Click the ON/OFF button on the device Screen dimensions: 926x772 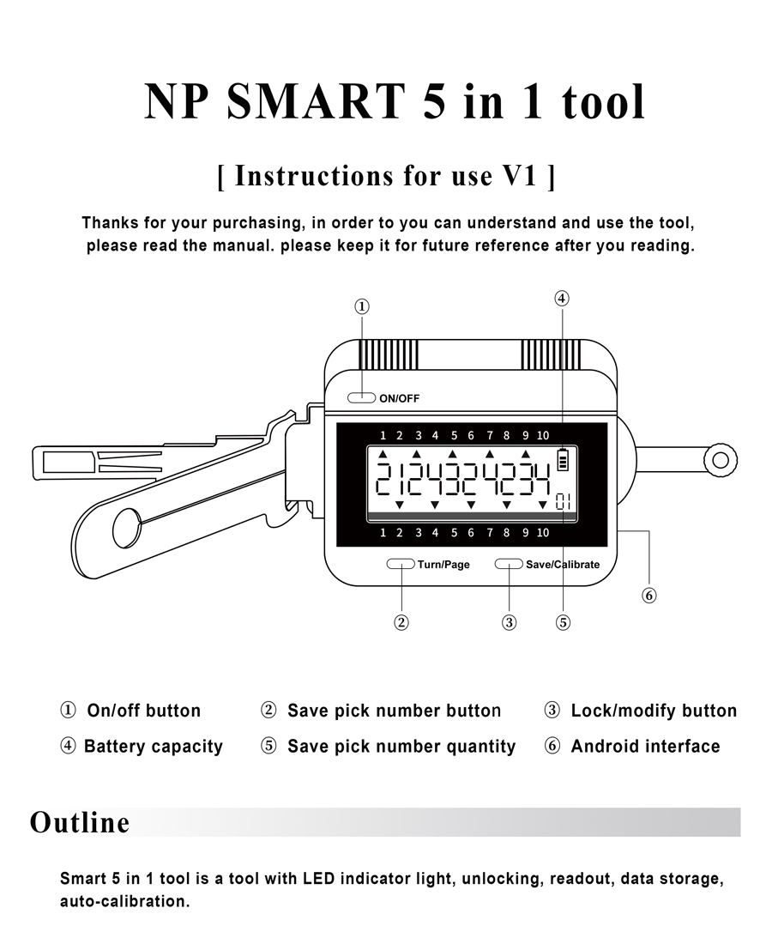(x=362, y=397)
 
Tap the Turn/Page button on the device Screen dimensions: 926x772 (x=401, y=564)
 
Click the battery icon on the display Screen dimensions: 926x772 (x=563, y=459)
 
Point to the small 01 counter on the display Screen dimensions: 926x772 (x=563, y=501)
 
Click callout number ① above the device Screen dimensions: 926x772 (x=362, y=306)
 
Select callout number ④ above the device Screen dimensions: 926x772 (x=561, y=299)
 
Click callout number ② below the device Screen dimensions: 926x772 (x=401, y=623)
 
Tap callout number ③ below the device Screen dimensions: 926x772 (x=510, y=623)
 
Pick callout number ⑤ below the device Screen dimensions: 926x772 (x=563, y=623)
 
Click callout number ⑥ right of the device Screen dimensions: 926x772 (x=649, y=595)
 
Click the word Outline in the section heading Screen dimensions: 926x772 (x=80, y=822)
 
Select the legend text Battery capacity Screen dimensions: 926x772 (x=153, y=747)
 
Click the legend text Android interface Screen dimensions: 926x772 (x=645, y=747)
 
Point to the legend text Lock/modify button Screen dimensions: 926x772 (x=654, y=711)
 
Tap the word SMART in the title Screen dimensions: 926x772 (x=317, y=101)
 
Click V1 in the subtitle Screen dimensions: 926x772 (x=519, y=176)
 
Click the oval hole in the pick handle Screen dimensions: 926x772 (x=127, y=528)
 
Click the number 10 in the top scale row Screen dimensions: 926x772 (x=543, y=434)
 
